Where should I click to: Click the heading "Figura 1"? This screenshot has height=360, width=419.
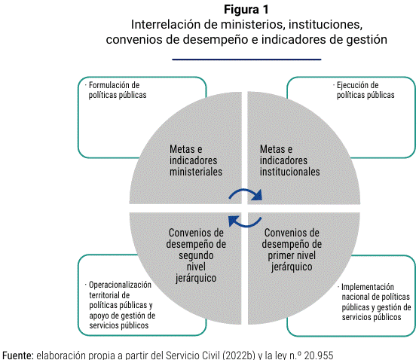(246, 10)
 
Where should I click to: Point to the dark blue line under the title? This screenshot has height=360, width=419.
(246, 59)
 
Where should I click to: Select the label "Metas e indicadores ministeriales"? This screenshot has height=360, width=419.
(196, 160)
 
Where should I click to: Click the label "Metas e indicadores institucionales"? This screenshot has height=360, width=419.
(289, 160)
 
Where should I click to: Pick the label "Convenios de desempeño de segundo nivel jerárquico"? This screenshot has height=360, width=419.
(196, 255)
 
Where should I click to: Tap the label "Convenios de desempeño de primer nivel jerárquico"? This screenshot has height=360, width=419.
(292, 250)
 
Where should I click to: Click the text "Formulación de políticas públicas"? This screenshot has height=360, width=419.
(118, 90)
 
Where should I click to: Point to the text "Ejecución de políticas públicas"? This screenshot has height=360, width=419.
(365, 90)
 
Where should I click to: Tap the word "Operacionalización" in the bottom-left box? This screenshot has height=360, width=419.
(121, 285)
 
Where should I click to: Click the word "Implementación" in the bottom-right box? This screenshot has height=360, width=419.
(368, 287)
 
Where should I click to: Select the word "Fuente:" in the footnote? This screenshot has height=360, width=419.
(18, 355)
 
